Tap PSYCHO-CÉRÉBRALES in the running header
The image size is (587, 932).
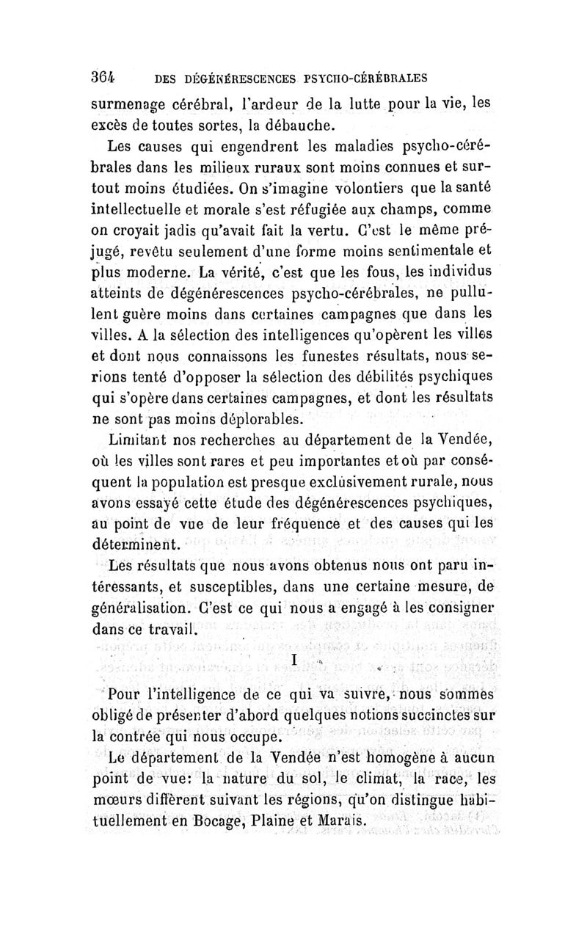365,76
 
